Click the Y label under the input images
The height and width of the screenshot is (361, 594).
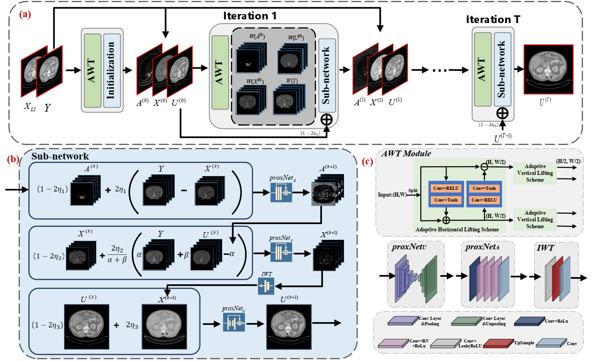[x=47, y=109]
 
